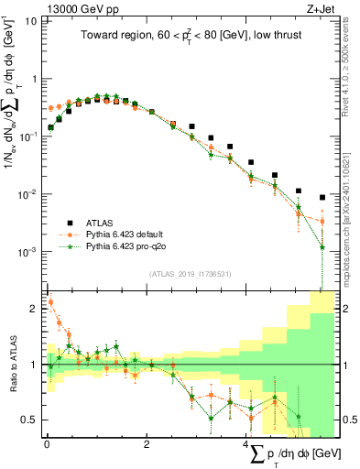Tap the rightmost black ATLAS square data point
pos(322,197)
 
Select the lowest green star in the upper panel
pos(322,246)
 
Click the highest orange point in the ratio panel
pos(50,301)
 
